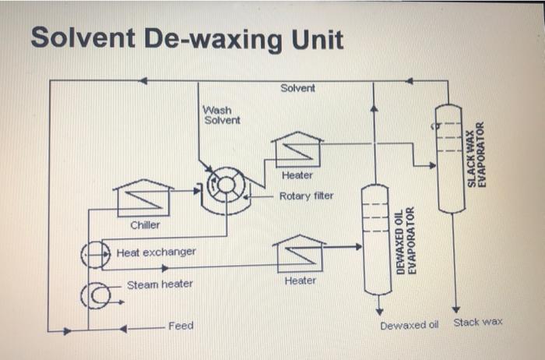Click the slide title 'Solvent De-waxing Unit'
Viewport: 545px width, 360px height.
click(187, 38)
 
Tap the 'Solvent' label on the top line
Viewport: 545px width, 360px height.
click(297, 88)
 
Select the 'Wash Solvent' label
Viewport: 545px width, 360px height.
click(222, 115)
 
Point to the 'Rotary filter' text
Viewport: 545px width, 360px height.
click(306, 196)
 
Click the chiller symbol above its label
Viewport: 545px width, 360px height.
click(142, 199)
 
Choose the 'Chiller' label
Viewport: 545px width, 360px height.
click(145, 225)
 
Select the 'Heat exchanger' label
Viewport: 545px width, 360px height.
click(156, 252)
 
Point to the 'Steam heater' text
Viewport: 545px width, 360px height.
click(160, 284)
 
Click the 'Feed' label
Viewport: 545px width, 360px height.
click(181, 325)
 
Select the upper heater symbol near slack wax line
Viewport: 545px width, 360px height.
click(297, 150)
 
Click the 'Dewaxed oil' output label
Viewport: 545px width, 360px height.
click(405, 324)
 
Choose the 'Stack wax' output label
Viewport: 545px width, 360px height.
click(478, 322)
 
